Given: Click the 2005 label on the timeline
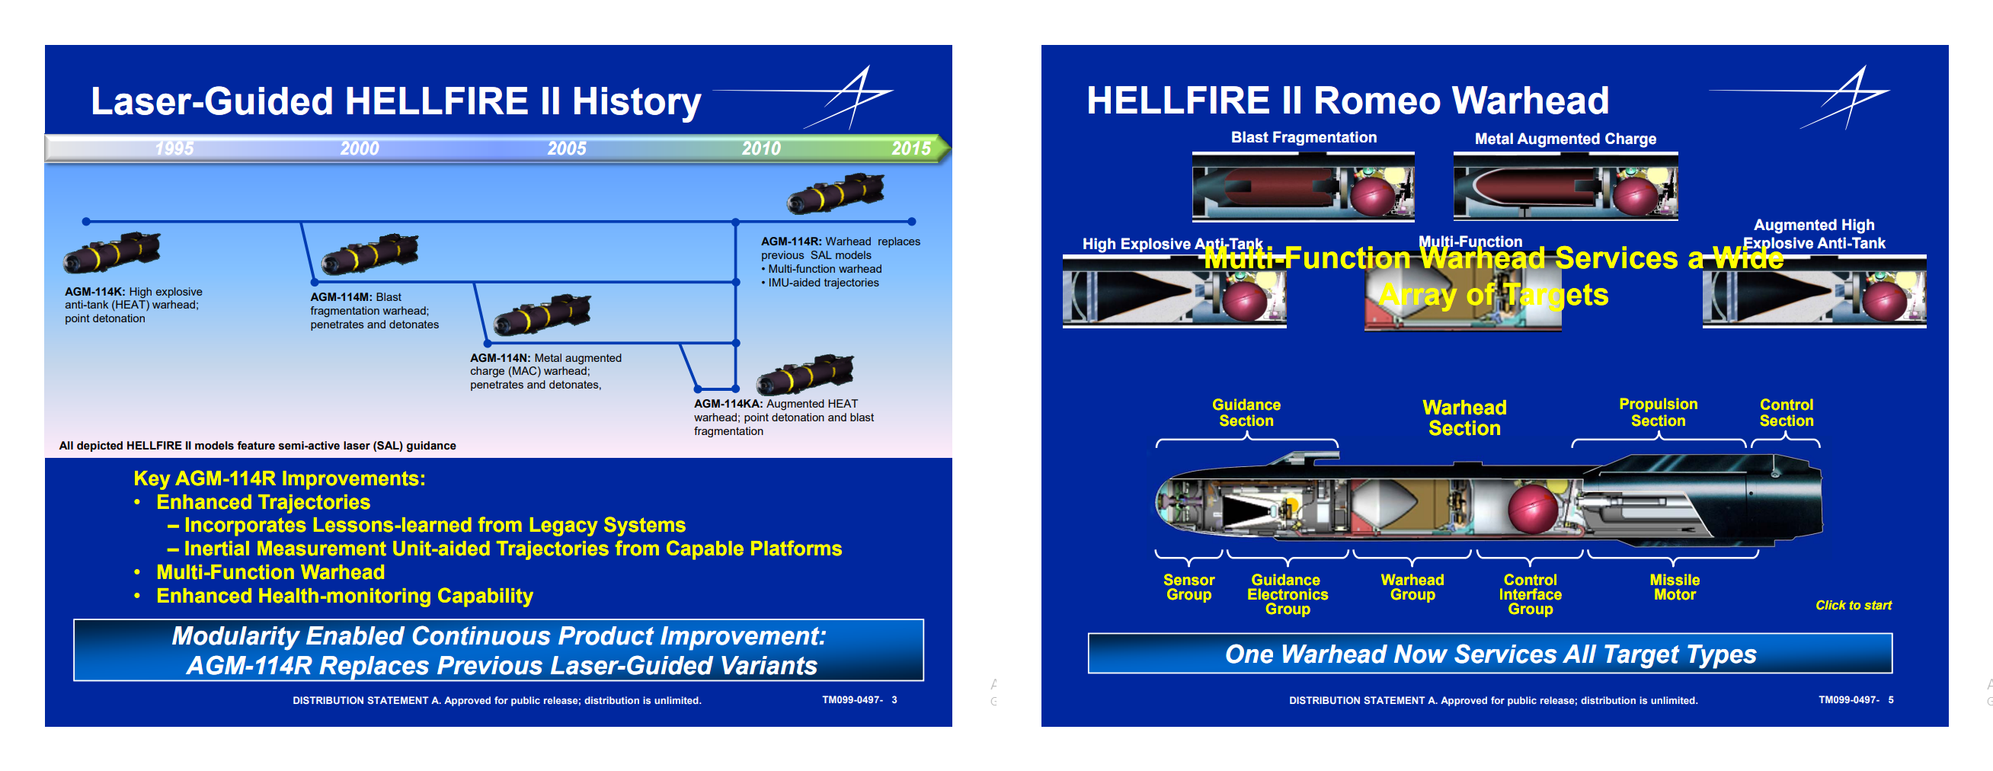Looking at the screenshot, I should pyautogui.click(x=566, y=149).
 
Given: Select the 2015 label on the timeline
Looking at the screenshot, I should pyautogui.click(x=910, y=149).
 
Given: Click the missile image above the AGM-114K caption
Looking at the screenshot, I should pyautogui.click(x=112, y=252).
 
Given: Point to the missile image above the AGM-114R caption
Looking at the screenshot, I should pyautogui.click(x=836, y=194).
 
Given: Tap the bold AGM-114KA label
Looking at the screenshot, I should pyautogui.click(x=728, y=404).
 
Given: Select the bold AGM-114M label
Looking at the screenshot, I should pyautogui.click(x=341, y=297).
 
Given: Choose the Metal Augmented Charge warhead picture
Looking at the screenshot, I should pyautogui.click(x=1565, y=188).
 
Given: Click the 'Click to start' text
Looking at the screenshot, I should pyautogui.click(x=1853, y=606).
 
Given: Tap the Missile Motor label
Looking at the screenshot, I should pyautogui.click(x=1675, y=587).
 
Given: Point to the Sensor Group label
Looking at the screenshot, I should pyautogui.click(x=1188, y=587).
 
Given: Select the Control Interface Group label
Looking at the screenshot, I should pyautogui.click(x=1530, y=594).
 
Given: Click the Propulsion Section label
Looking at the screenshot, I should pyautogui.click(x=1658, y=412).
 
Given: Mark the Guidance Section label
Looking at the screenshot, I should pyautogui.click(x=1246, y=413).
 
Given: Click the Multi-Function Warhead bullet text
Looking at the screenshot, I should pyautogui.click(x=270, y=572).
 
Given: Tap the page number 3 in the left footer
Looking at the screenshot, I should pyautogui.click(x=894, y=700).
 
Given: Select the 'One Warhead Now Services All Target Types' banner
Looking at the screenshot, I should pyautogui.click(x=1490, y=654).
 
